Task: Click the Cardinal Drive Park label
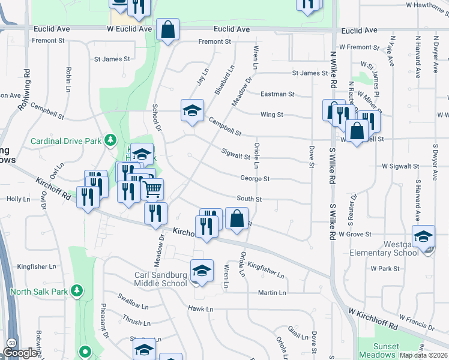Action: [x=66, y=141]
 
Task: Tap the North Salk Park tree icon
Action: [x=76, y=291]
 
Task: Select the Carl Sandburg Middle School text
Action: [x=160, y=280]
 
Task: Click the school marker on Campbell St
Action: [x=192, y=111]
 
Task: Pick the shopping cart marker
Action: [x=152, y=190]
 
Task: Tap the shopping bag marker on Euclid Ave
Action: [x=167, y=29]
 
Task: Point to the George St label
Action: [x=255, y=179]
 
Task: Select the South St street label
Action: [x=249, y=199]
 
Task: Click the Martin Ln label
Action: [x=272, y=292]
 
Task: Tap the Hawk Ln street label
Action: [x=200, y=308]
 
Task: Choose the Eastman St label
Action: [x=277, y=94]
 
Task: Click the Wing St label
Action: [x=271, y=115]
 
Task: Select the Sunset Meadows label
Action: [x=386, y=350]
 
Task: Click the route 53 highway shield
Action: [x=12, y=343]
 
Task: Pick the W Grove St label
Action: [x=355, y=234]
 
